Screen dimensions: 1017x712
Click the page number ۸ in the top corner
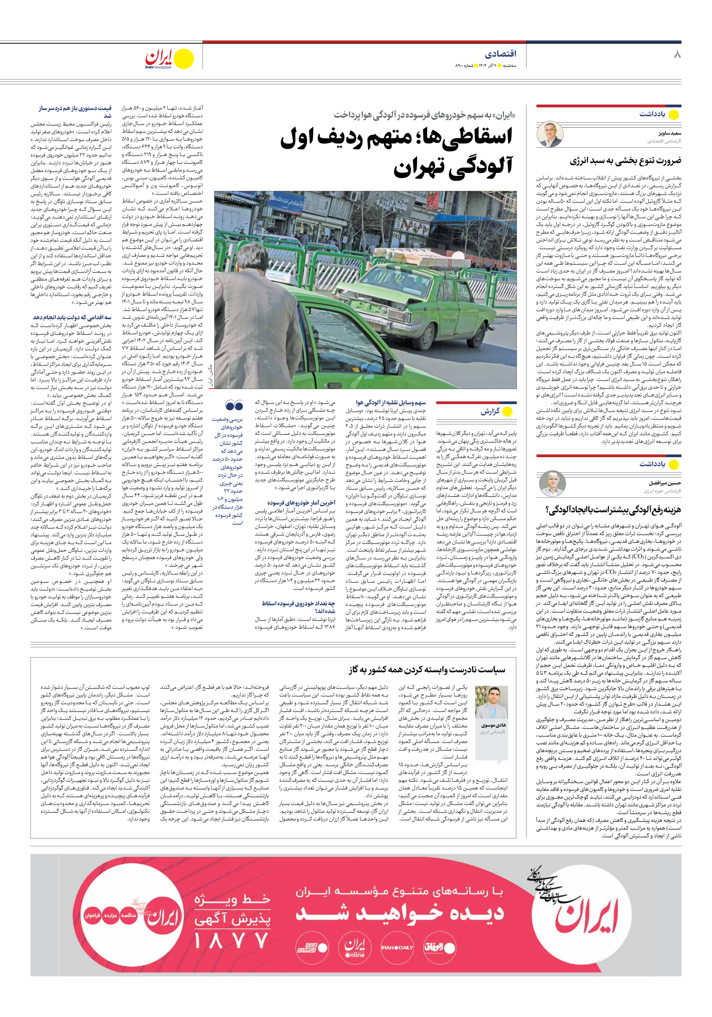coord(677,54)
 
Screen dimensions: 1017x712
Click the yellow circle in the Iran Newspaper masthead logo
coord(183,59)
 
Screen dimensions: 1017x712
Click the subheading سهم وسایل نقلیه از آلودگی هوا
coord(390,403)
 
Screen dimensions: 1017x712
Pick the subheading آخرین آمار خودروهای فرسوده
coord(301,503)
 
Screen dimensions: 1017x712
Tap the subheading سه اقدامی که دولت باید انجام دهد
coord(72,317)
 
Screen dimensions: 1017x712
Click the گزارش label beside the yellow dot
coord(490,412)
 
